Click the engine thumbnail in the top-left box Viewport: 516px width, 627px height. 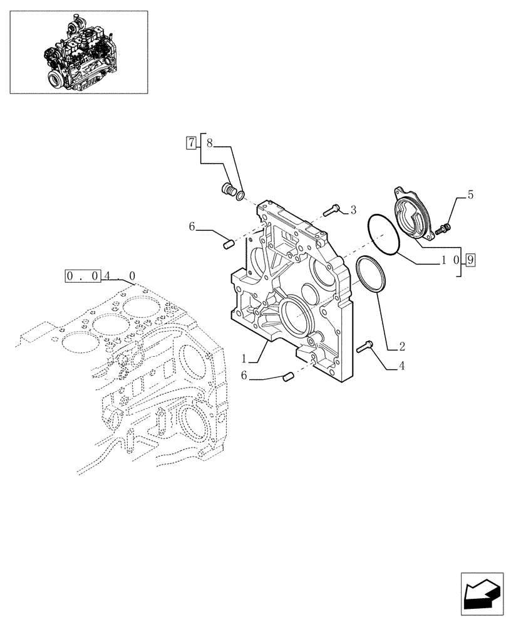tap(78, 51)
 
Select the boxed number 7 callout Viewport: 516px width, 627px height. tap(190, 142)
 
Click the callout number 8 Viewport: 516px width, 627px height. tap(209, 144)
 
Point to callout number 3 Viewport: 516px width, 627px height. tap(353, 209)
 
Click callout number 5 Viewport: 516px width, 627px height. tap(470, 195)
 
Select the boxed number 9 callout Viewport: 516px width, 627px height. tap(471, 260)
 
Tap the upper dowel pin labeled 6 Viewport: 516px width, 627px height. tap(229, 241)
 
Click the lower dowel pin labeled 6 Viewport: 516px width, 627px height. tap(289, 376)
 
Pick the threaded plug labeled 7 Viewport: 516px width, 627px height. tap(229, 189)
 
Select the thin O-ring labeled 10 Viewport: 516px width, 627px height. tap(383, 234)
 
